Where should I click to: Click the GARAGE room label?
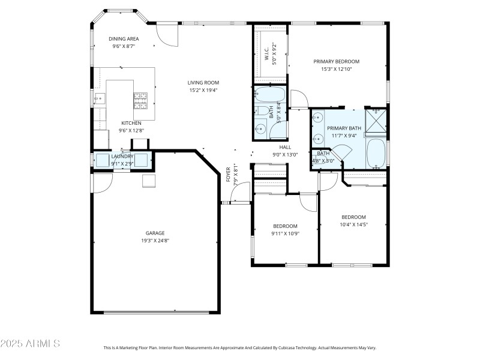[x=155, y=233]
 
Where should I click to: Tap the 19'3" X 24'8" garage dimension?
[x=155, y=241]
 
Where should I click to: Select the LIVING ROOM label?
[x=203, y=83]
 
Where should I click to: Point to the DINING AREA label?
[x=124, y=38]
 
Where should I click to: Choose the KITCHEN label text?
[x=131, y=122]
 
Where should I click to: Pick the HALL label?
[x=285, y=146]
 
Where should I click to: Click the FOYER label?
[x=228, y=175]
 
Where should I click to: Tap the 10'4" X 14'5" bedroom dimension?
[x=353, y=225]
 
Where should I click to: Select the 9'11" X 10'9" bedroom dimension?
[x=285, y=233]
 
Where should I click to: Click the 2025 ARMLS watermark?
[x=30, y=344]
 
